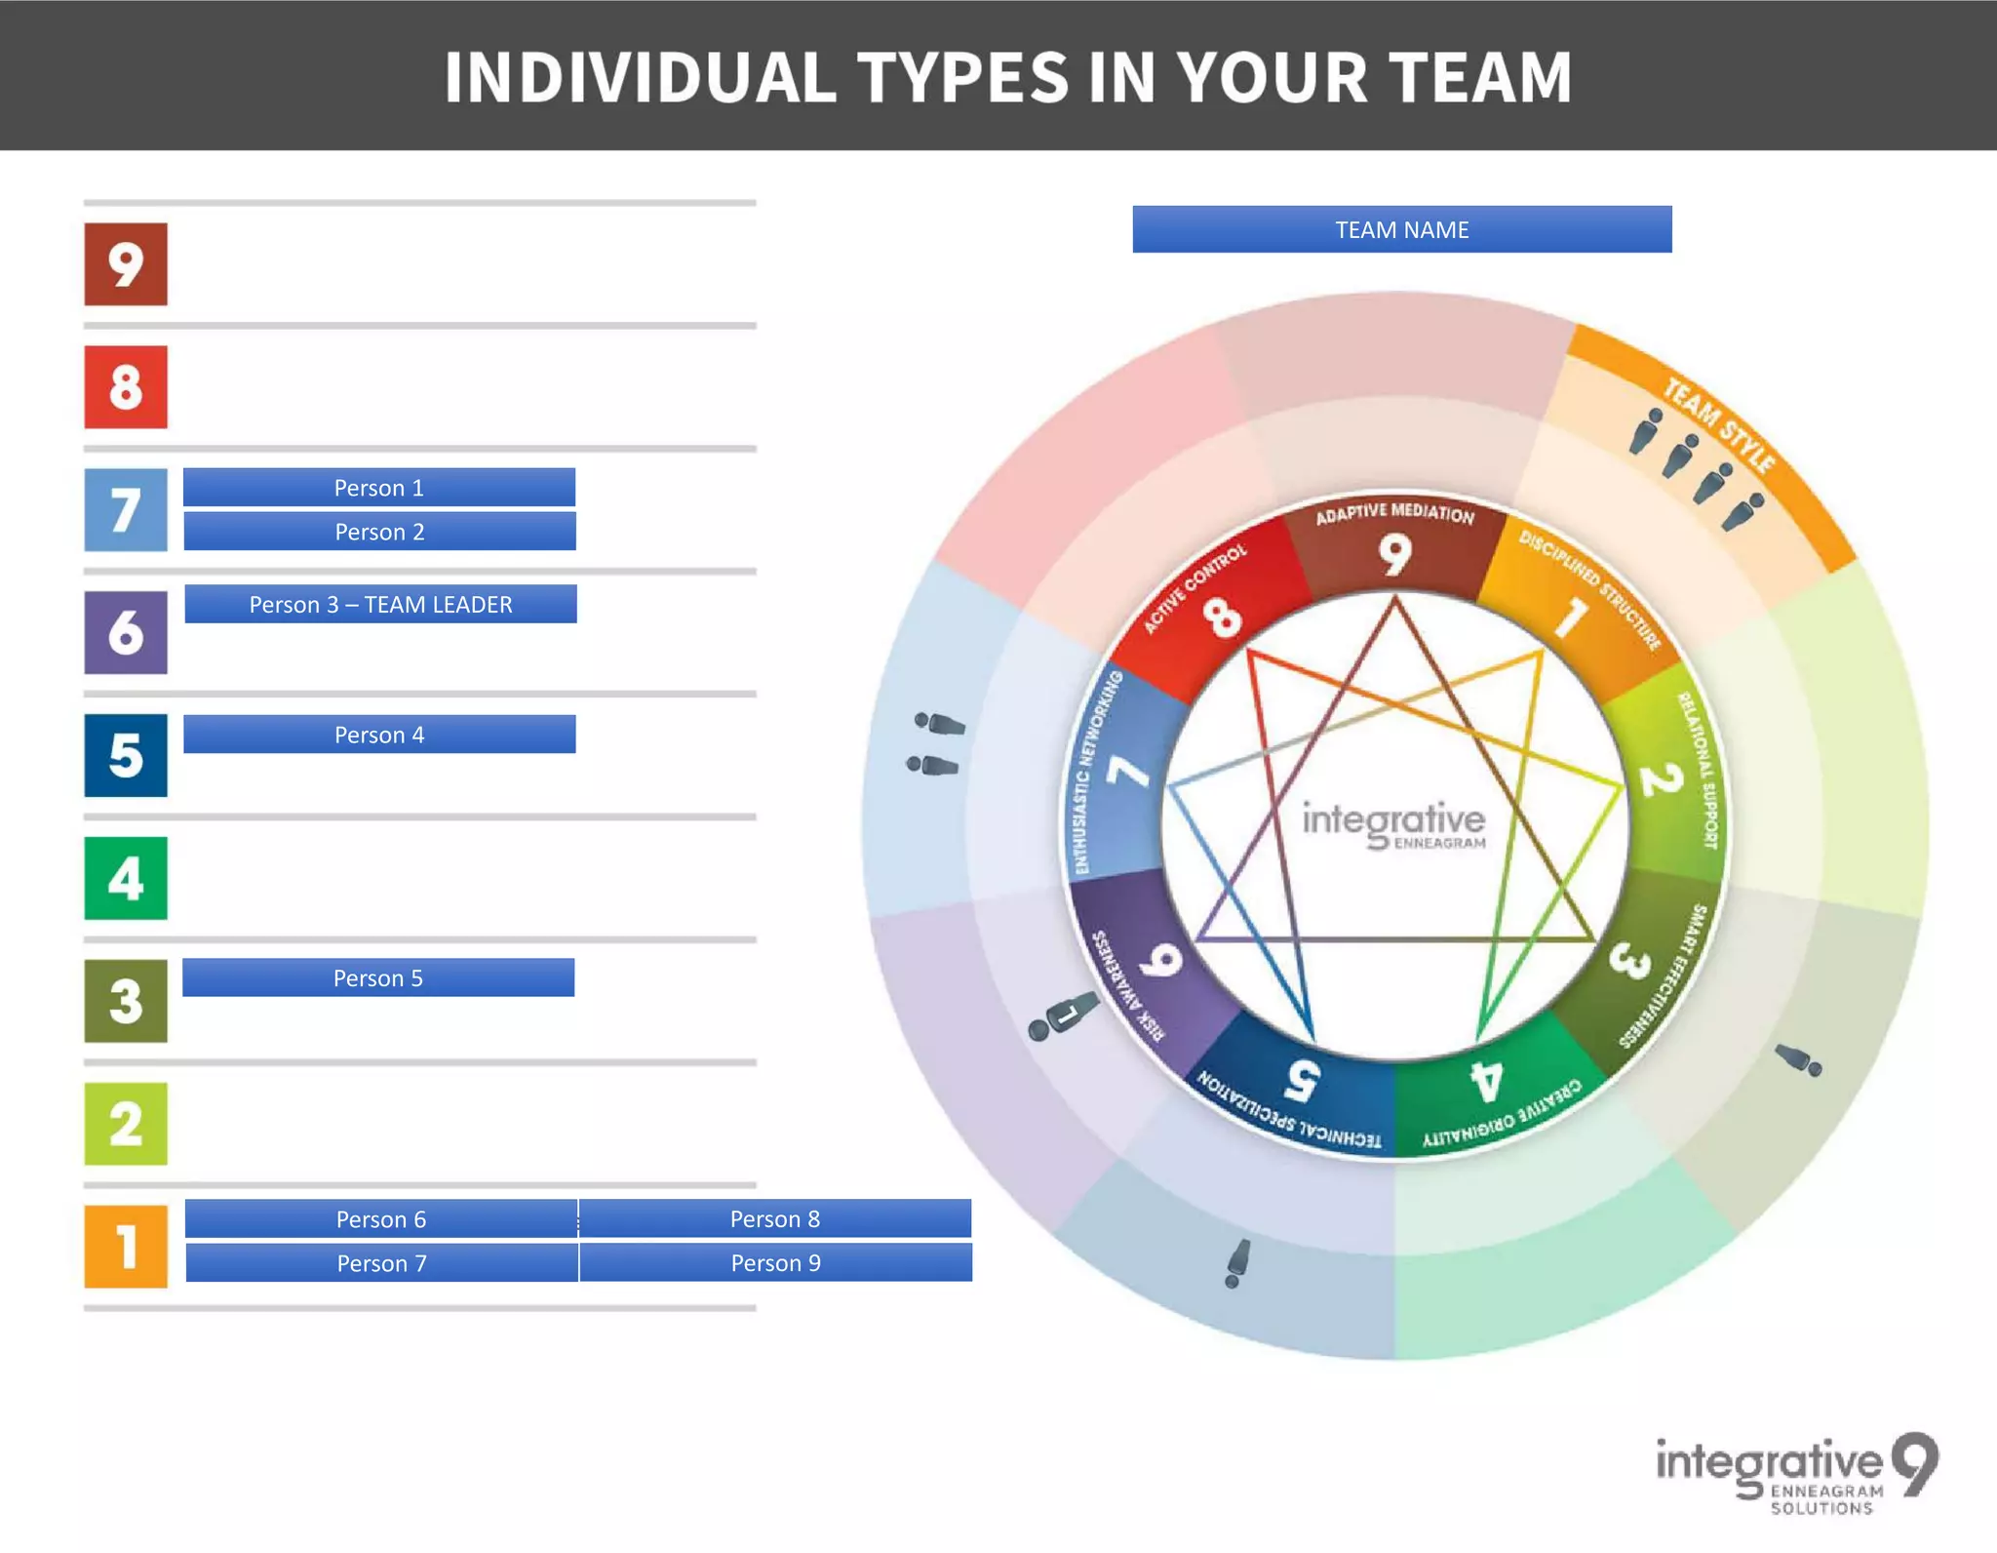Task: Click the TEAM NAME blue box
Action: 1401,229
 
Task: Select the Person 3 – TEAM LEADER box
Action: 380,604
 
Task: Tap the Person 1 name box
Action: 379,488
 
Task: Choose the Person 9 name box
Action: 776,1262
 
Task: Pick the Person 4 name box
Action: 379,735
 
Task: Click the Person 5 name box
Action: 378,977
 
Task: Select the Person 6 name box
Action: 381,1218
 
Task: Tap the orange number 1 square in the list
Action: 126,1246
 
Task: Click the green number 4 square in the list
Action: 126,878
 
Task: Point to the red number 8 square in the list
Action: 126,386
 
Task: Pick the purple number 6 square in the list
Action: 126,632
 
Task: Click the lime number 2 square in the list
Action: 126,1123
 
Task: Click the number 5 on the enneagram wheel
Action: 1303,1079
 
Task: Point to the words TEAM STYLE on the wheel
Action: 1718,425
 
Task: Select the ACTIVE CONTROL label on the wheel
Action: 1194,588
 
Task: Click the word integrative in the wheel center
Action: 1393,819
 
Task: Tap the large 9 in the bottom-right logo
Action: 1915,1463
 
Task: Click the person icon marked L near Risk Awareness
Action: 1061,1017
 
